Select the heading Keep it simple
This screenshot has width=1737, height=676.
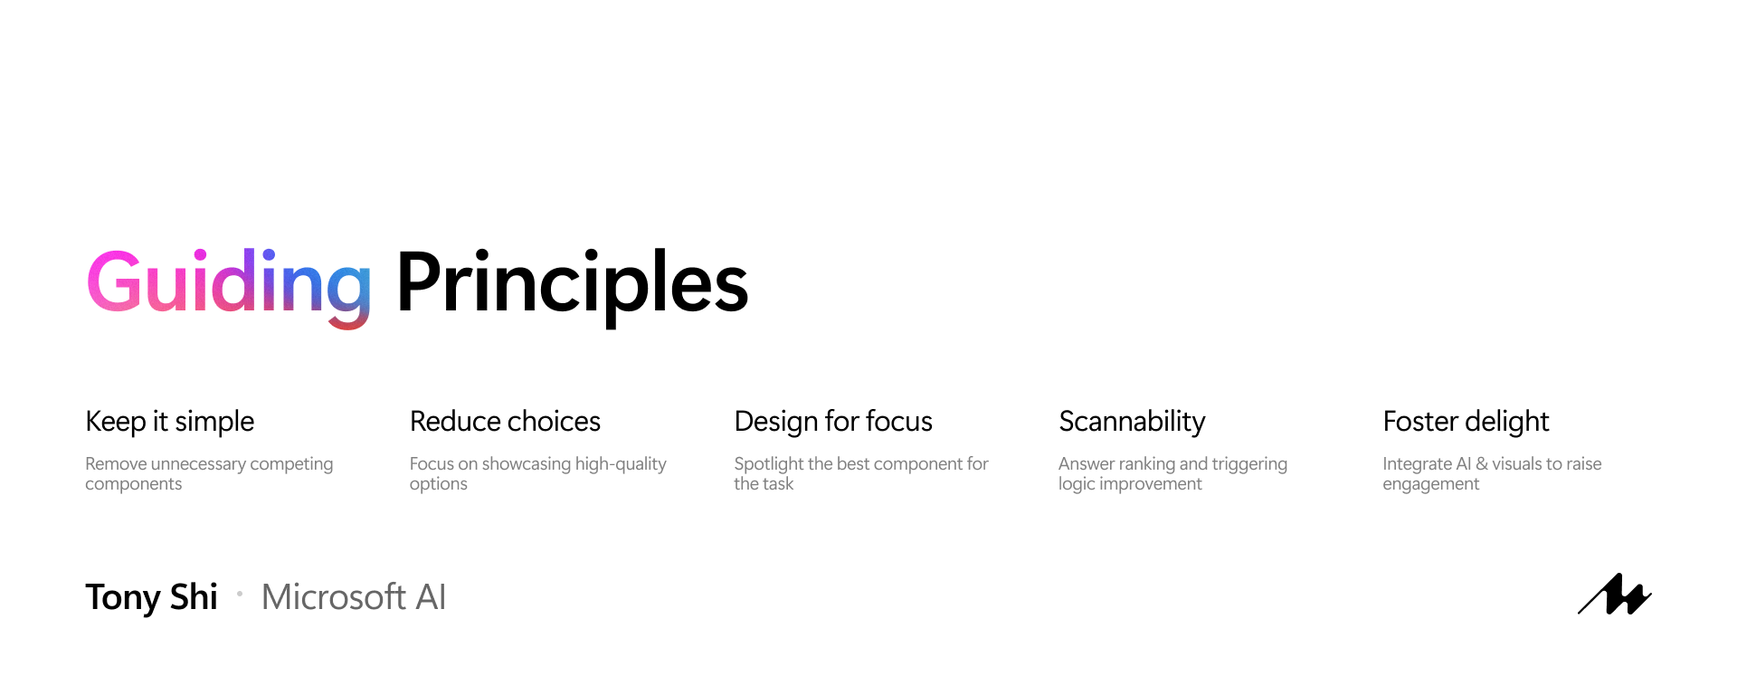pos(170,422)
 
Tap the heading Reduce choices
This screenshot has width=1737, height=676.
pos(505,422)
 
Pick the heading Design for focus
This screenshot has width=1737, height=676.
pos(833,422)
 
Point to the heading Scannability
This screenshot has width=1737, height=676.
pos(1132,422)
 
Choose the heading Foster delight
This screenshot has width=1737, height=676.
pos(1466,422)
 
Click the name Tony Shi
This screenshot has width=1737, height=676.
pos(151,598)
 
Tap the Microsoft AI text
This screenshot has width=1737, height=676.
pos(354,597)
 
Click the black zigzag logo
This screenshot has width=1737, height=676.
pos(1615,595)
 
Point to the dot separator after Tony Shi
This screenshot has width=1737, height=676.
pos(240,594)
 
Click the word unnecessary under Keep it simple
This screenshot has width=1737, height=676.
pos(198,464)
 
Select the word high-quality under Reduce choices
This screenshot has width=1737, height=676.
pos(621,464)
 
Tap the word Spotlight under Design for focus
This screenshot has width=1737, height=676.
pos(769,464)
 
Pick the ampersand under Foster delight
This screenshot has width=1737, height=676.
pos(1482,464)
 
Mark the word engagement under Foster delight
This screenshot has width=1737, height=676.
pos(1431,484)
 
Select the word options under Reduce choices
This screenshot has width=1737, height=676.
pos(439,484)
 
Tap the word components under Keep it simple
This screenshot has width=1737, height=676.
pos(134,484)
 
